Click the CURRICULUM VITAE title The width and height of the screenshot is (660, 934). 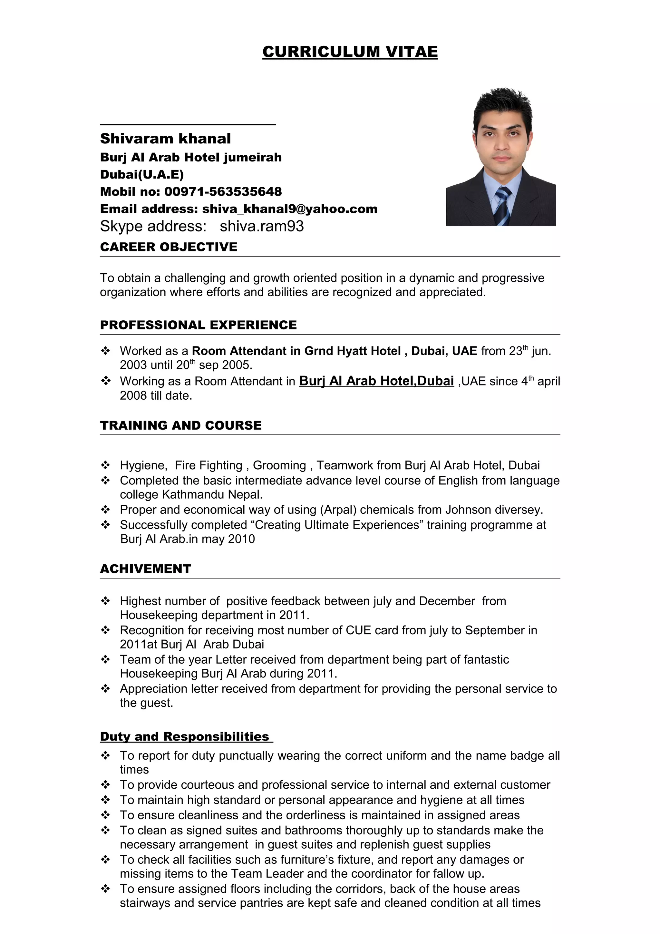(x=350, y=52)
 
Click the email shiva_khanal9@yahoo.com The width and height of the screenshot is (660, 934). (x=289, y=209)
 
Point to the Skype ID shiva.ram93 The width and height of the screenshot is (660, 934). (x=261, y=226)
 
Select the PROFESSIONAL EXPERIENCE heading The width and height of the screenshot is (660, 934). (x=198, y=325)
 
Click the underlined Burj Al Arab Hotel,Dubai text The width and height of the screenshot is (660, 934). (x=376, y=381)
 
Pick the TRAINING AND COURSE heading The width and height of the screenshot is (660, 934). (x=180, y=425)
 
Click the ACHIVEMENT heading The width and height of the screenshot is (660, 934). (x=145, y=569)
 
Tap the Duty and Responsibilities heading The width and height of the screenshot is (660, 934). (x=185, y=737)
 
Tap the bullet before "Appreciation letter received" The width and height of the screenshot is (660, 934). (x=105, y=688)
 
